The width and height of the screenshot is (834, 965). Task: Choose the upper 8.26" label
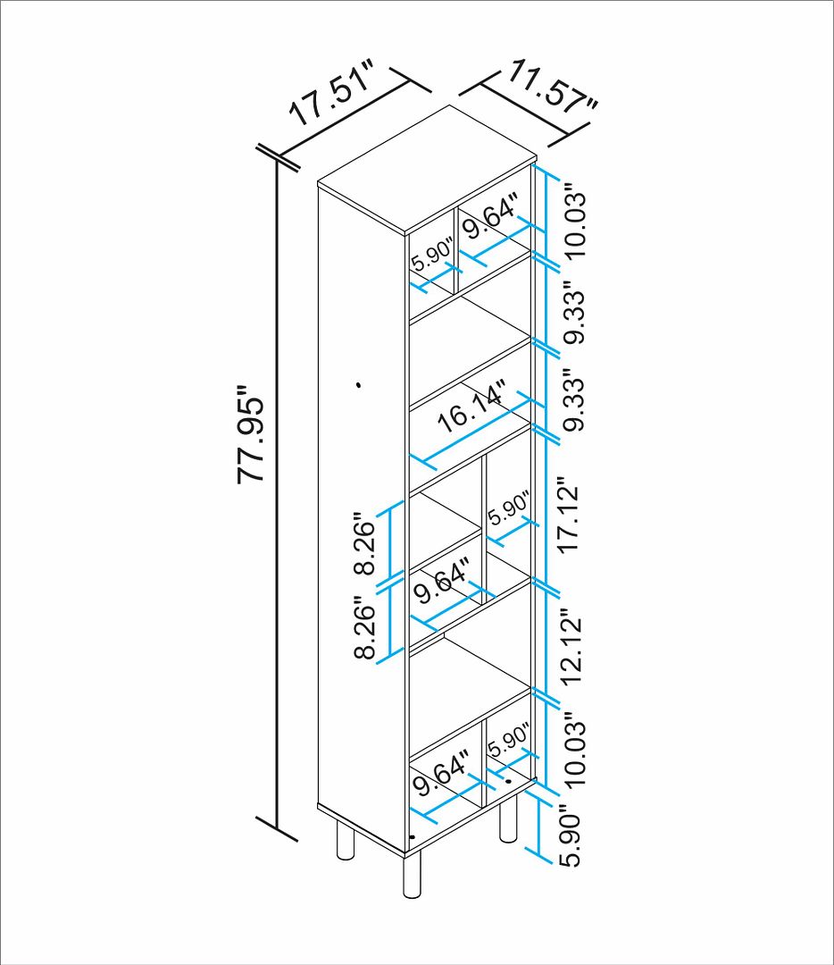364,543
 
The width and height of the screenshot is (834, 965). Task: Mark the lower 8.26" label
364,628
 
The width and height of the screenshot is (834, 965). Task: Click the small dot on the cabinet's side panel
358,385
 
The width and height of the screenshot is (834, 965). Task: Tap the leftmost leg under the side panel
345,841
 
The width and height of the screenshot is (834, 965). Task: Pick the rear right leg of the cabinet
507,822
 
